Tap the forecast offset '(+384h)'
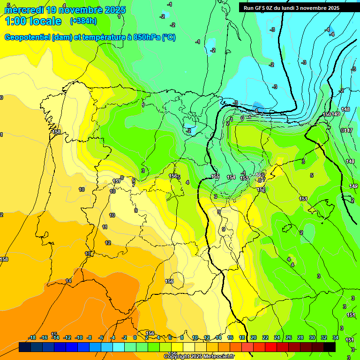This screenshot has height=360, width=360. coord(83,21)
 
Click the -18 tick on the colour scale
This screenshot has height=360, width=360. coord(32,337)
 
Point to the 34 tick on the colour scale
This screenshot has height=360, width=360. coord(336,337)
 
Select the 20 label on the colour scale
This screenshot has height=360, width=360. coord(254,337)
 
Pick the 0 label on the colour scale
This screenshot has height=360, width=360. coord(135,337)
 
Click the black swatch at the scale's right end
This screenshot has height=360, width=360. coord(329,347)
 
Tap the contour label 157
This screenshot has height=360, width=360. coord(117,181)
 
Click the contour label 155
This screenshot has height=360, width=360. coord(215,176)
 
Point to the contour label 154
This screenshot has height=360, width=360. coord(231,177)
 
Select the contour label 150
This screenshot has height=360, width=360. coord(327,114)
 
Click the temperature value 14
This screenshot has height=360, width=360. coord(68,281)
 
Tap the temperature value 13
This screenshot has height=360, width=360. coord(88,254)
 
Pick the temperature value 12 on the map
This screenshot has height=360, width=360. coord(108,243)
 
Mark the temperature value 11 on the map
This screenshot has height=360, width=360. coord(105,227)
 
